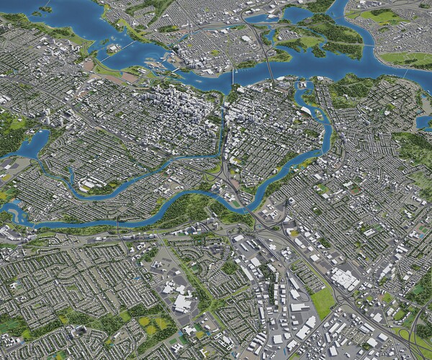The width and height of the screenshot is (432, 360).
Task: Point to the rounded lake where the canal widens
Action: (x=29, y=148)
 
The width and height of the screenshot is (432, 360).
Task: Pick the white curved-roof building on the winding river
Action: (x=306, y=111)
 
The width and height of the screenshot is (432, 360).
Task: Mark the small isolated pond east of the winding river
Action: (x=424, y=123)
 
